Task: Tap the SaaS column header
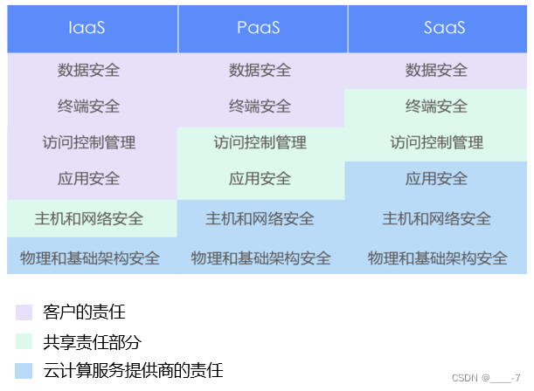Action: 444,27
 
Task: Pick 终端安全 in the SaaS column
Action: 436,106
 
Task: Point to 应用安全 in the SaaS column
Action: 436,179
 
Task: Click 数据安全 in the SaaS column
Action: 436,70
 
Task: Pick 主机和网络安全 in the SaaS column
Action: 436,217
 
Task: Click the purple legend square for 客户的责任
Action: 24,312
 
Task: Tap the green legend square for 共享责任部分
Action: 24,341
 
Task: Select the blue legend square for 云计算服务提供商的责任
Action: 24,370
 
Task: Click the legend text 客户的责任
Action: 84,312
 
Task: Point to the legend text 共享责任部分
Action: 91,341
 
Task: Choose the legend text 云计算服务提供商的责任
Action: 133,370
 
